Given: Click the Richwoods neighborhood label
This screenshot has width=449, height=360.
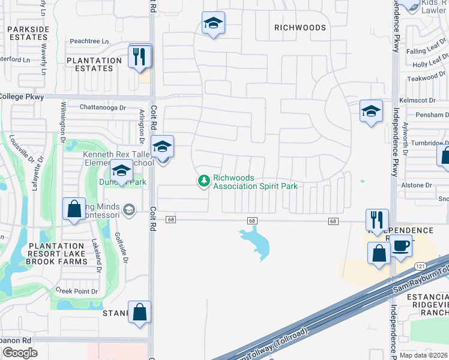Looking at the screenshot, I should coord(300,28).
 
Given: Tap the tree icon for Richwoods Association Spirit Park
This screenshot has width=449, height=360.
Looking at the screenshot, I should coord(204,180).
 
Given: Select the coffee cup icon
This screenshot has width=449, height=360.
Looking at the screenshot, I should coord(401,245).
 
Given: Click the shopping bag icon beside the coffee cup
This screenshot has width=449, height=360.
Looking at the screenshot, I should coord(379,253).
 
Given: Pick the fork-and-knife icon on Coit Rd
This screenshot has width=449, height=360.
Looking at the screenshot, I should coord(140,57).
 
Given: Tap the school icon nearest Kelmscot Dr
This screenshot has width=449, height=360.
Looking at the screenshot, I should coord(371,111).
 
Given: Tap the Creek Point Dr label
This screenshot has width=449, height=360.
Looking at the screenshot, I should coord(76,291).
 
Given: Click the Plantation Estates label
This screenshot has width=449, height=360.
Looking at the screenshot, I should coord(94,64).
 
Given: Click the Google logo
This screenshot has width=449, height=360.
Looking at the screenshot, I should coord(20,353).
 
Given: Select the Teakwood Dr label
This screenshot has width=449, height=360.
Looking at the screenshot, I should coord(426,78).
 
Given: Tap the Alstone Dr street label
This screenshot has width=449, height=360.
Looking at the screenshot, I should coord(420,185).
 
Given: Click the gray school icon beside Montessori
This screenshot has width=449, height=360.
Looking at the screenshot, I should coord(128,209).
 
